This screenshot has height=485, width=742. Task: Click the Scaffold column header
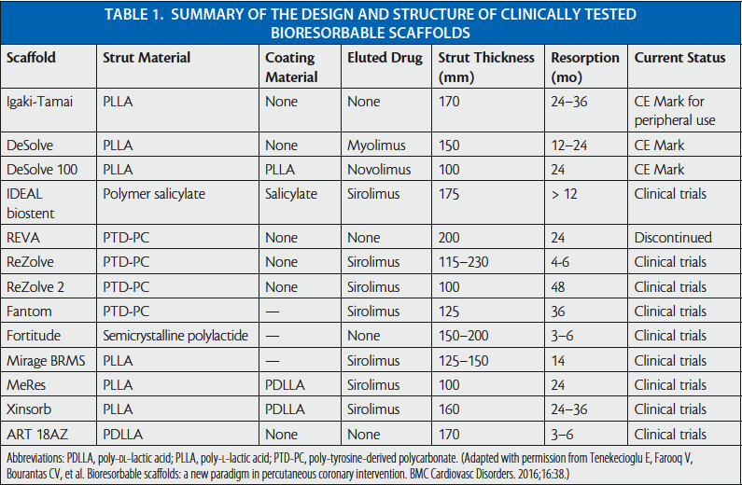[32, 58]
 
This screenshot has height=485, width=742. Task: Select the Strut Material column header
[147, 58]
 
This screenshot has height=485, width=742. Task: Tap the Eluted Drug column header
[382, 58]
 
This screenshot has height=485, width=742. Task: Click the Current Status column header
[679, 58]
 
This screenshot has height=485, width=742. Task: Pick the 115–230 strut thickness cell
[465, 262]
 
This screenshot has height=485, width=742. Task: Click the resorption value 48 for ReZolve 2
[559, 286]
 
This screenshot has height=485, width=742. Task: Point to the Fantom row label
[30, 311]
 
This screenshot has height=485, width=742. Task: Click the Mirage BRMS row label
[47, 360]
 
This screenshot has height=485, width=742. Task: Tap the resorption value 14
[558, 360]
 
